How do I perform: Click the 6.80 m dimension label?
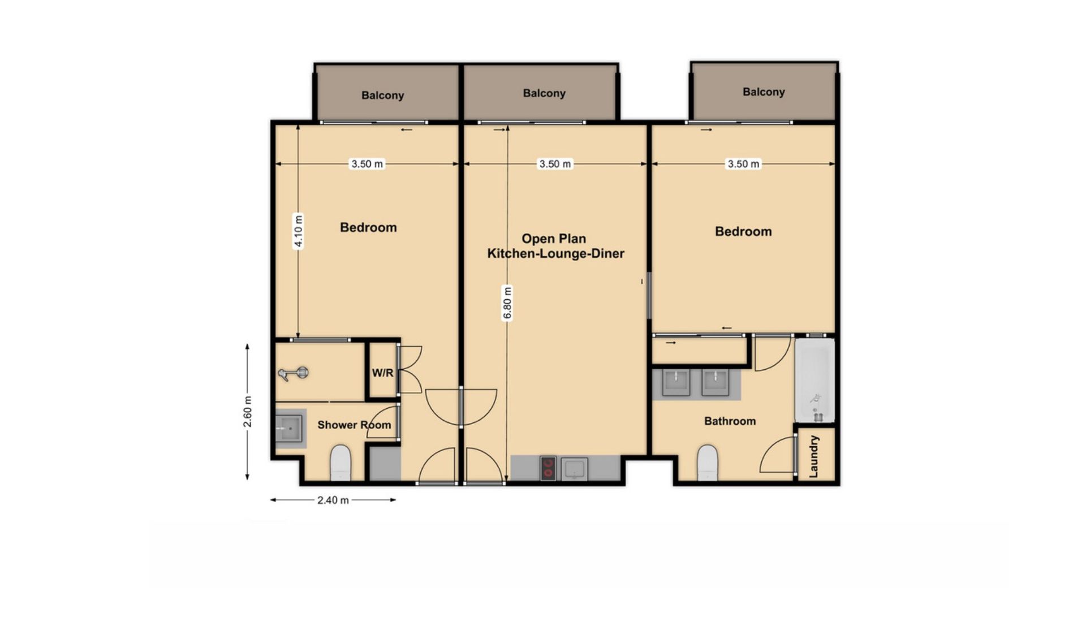coord(507,303)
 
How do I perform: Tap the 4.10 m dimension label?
coord(299,231)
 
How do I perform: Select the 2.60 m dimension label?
coord(248,412)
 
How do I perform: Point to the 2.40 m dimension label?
coord(333,500)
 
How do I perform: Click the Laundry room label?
coord(814,456)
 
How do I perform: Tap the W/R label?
coord(382,373)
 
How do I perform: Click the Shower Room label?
coord(354,425)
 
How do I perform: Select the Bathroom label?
coord(730,421)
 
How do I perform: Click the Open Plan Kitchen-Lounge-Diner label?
coord(555,246)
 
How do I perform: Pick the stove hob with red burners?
coord(548,468)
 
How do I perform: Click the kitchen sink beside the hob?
coord(574,469)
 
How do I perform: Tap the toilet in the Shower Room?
coord(341,463)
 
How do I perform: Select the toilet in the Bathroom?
coord(708,463)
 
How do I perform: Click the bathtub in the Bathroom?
coord(815,380)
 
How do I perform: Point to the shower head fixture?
coord(294,373)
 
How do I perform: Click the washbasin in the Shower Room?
coord(289,429)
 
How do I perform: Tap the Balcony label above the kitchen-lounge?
coord(544,93)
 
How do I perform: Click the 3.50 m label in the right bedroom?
coord(743,164)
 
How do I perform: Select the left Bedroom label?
coord(368,227)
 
